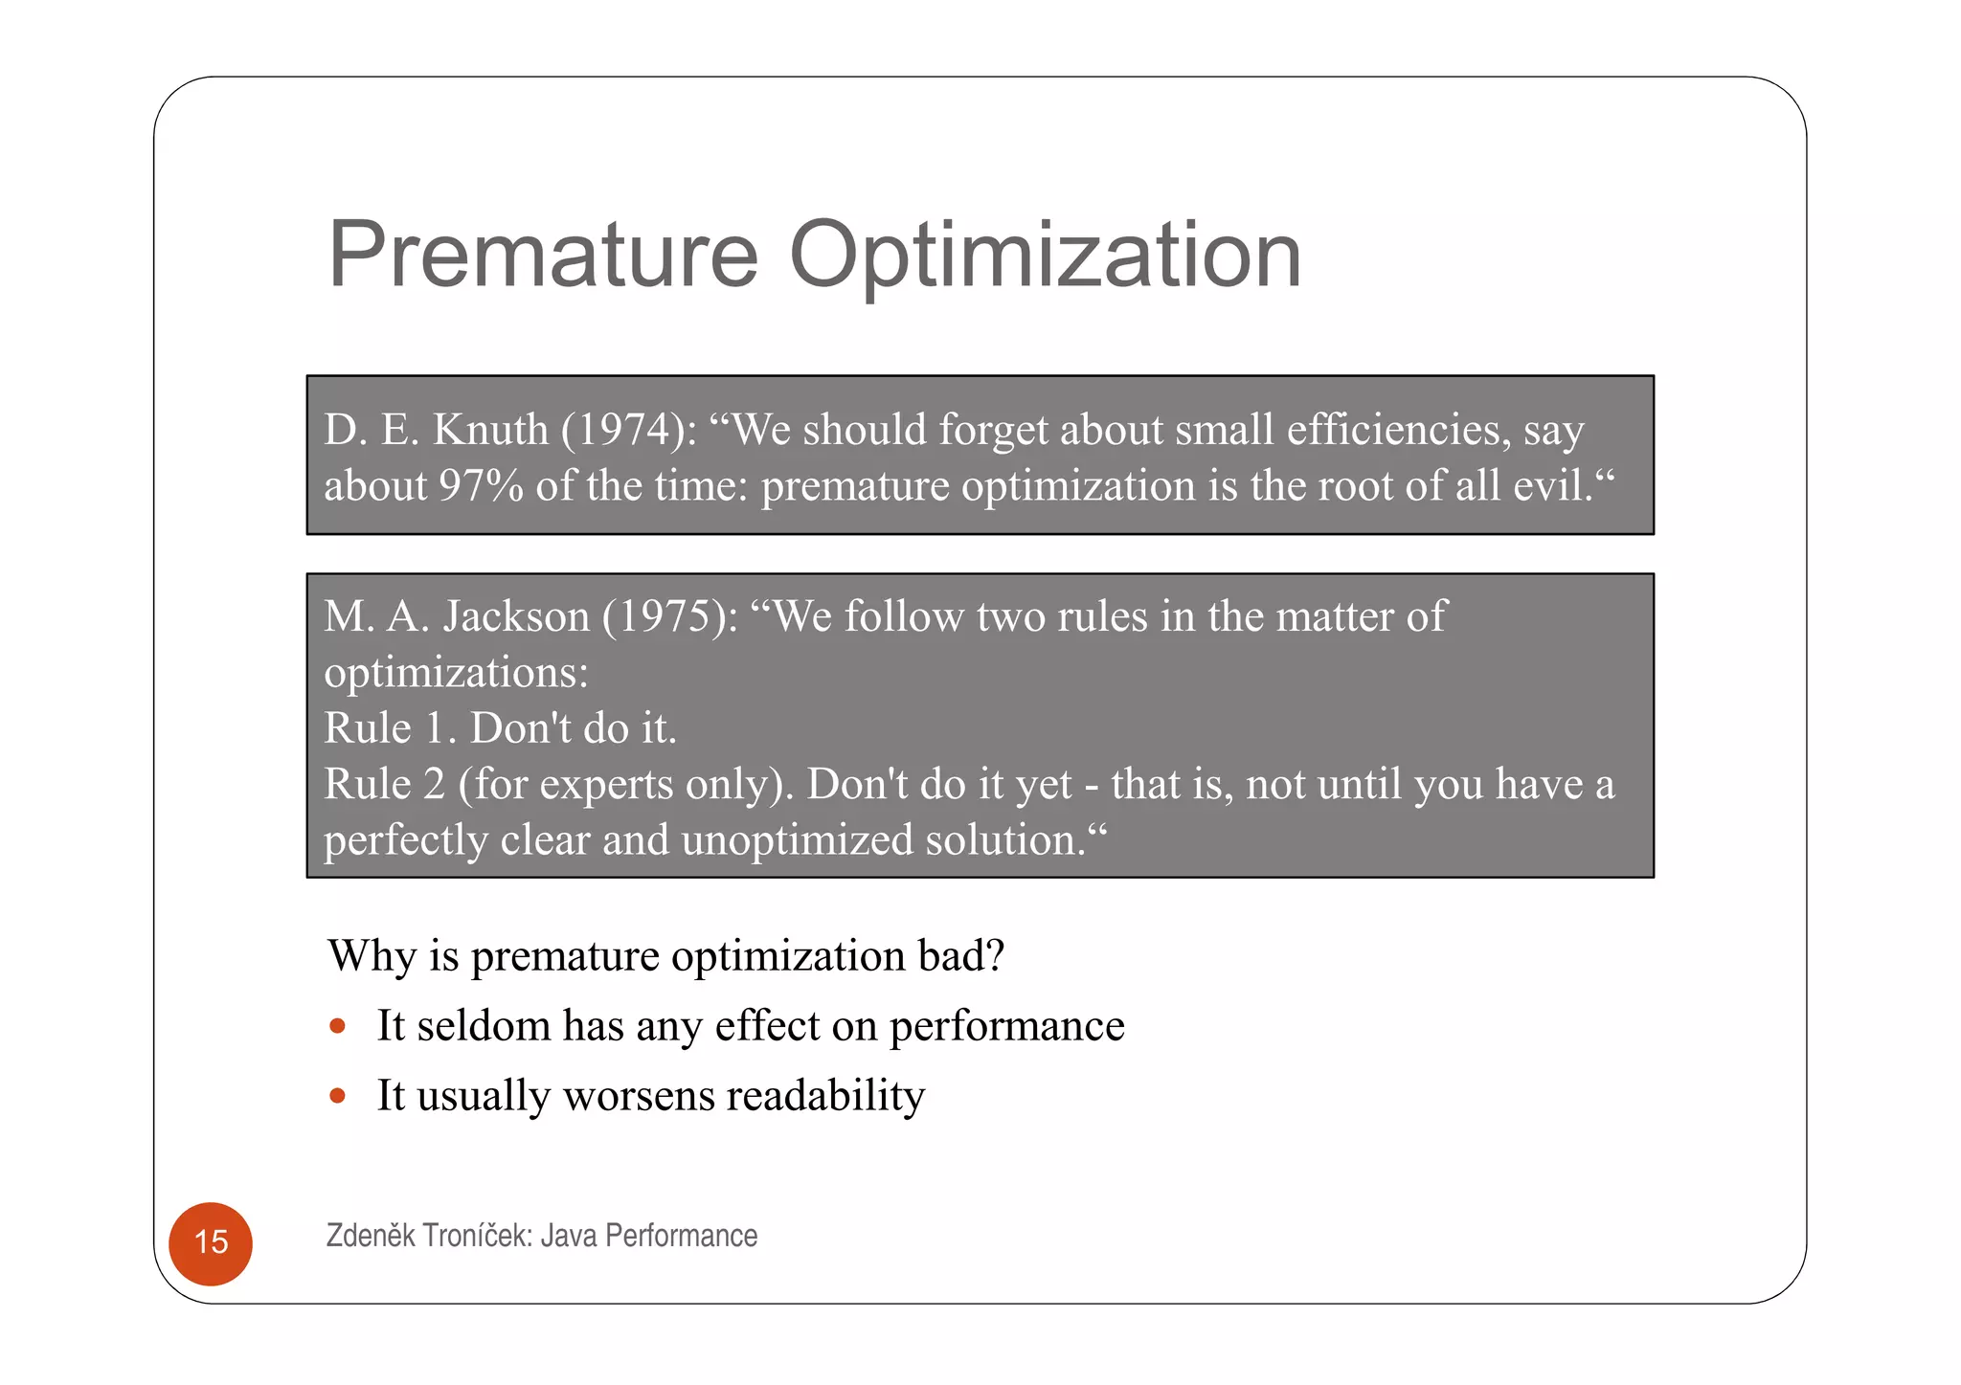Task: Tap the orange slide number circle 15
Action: pos(211,1242)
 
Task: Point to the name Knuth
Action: pos(490,429)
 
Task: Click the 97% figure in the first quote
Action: pos(481,485)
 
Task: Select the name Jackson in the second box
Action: pos(516,615)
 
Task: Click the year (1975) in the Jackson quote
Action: pos(670,615)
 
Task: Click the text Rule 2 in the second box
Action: pos(384,784)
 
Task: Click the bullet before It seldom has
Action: pos(337,1026)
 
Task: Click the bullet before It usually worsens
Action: pos(337,1095)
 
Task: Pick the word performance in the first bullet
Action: pos(1006,1026)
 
